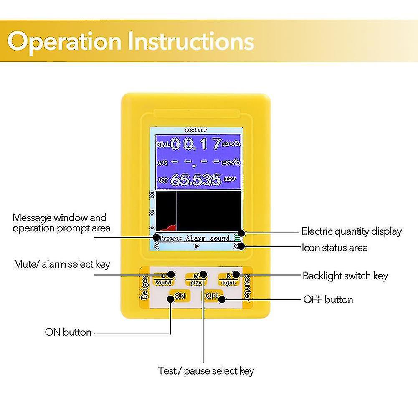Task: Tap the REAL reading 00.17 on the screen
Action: (x=196, y=144)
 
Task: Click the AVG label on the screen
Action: (x=162, y=162)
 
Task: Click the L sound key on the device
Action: (x=163, y=279)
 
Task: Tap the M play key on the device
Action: (x=196, y=279)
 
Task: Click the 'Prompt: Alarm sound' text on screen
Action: (x=195, y=238)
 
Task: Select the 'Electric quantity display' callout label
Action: (x=351, y=231)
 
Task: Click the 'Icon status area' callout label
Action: (x=334, y=248)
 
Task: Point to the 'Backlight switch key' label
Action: (x=345, y=276)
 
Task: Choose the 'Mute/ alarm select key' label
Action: (x=62, y=264)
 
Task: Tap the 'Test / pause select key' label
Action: (x=206, y=371)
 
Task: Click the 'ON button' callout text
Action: (x=68, y=332)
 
